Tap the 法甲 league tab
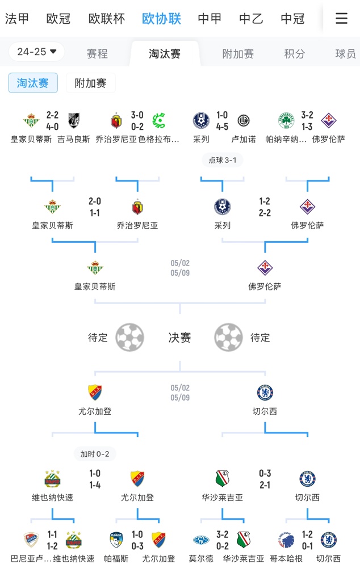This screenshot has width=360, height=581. [x=17, y=19]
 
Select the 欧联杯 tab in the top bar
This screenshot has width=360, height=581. [x=106, y=19]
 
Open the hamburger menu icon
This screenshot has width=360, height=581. [x=341, y=19]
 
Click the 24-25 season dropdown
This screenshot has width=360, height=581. [x=37, y=52]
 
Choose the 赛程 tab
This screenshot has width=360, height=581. [x=97, y=54]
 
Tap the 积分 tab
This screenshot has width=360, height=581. [x=294, y=54]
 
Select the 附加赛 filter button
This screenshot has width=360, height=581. [x=90, y=83]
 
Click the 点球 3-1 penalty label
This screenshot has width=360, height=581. [x=222, y=161]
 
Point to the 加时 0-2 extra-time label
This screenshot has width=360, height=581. [x=94, y=454]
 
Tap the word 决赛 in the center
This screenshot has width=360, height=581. [x=179, y=338]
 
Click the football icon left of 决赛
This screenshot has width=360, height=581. [x=129, y=338]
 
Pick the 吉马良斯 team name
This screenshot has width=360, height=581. [x=74, y=139]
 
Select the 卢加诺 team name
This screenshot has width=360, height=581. [x=244, y=139]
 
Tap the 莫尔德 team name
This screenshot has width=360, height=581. [x=201, y=559]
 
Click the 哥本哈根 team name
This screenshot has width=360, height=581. [x=287, y=559]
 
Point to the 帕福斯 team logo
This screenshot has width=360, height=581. [x=116, y=540]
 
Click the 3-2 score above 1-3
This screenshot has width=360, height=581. [x=307, y=115]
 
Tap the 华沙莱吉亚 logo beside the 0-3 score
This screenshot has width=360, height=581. [x=223, y=479]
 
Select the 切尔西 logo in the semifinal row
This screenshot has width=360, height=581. [x=265, y=393]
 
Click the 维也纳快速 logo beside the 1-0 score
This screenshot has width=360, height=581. [x=52, y=479]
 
